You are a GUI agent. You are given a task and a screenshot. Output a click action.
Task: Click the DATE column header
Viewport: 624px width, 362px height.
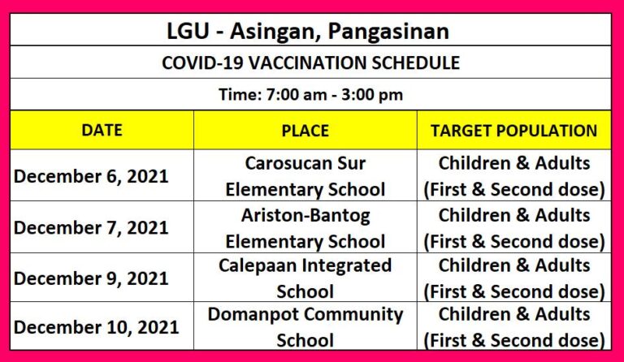102,131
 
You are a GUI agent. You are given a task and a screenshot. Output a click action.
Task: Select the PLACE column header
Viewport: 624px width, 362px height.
305,131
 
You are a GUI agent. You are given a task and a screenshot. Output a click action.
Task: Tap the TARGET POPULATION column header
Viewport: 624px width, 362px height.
513,131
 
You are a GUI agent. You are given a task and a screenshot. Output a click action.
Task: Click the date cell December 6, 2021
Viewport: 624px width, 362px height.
91,176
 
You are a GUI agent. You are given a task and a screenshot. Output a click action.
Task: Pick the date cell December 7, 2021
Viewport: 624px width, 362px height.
91,228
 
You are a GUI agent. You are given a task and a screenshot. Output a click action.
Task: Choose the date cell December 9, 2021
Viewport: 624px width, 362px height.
91,278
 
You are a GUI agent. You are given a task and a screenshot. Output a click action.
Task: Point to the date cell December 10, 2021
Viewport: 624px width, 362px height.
97,327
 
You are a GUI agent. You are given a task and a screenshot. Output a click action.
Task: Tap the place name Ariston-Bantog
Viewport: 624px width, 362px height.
305,215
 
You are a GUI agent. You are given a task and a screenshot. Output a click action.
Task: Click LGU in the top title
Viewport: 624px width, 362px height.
188,31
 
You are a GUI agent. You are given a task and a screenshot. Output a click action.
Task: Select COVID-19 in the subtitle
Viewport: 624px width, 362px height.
202,62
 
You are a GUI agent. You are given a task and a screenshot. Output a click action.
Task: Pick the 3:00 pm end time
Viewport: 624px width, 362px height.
372,95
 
